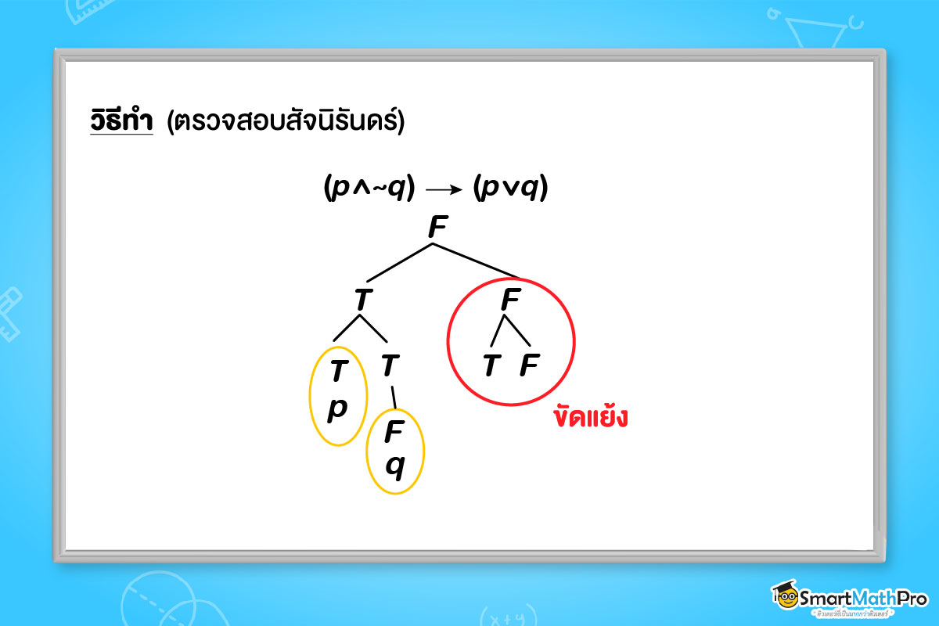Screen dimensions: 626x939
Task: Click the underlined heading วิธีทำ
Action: point(121,121)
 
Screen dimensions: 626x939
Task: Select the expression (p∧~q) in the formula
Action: point(368,188)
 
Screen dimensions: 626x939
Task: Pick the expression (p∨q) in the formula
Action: point(510,188)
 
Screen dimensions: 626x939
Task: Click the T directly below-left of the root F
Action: point(362,300)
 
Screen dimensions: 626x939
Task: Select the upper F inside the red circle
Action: point(509,300)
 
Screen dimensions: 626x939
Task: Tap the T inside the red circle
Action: point(491,365)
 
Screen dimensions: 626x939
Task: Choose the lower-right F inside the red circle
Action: point(529,365)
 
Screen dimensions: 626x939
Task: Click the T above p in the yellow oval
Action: point(337,371)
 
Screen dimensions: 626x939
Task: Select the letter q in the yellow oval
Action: point(395,467)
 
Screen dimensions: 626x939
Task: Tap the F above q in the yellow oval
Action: point(394,431)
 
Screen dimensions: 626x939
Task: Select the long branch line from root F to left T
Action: point(399,263)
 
